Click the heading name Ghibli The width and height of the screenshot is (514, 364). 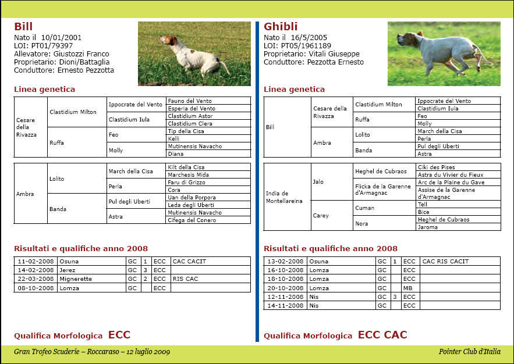[281, 27]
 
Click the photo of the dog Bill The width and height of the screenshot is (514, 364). [194, 54]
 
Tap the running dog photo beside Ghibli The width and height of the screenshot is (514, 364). [444, 54]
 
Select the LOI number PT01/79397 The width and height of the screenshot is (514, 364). [52, 45]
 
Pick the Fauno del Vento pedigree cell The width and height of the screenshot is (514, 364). [190, 101]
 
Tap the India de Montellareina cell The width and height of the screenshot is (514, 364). [285, 197]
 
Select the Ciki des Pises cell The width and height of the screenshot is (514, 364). [437, 167]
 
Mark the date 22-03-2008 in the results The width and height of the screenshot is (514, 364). [36, 279]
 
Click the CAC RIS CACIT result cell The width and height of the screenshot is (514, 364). [445, 262]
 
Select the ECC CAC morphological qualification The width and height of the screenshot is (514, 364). [382, 335]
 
